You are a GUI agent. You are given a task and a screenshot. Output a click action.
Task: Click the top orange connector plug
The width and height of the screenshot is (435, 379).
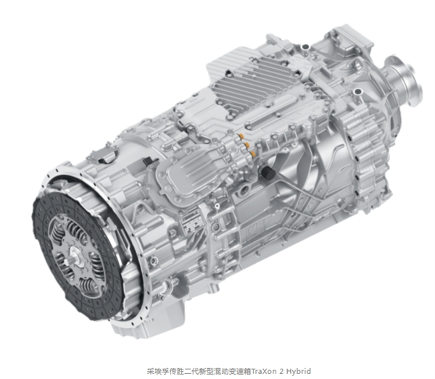pos(241,136)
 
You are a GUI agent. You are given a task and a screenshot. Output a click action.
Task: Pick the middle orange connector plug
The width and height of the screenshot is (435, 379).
pos(246,145)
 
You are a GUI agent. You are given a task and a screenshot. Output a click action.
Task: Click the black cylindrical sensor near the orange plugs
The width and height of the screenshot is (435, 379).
pos(267,172)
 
